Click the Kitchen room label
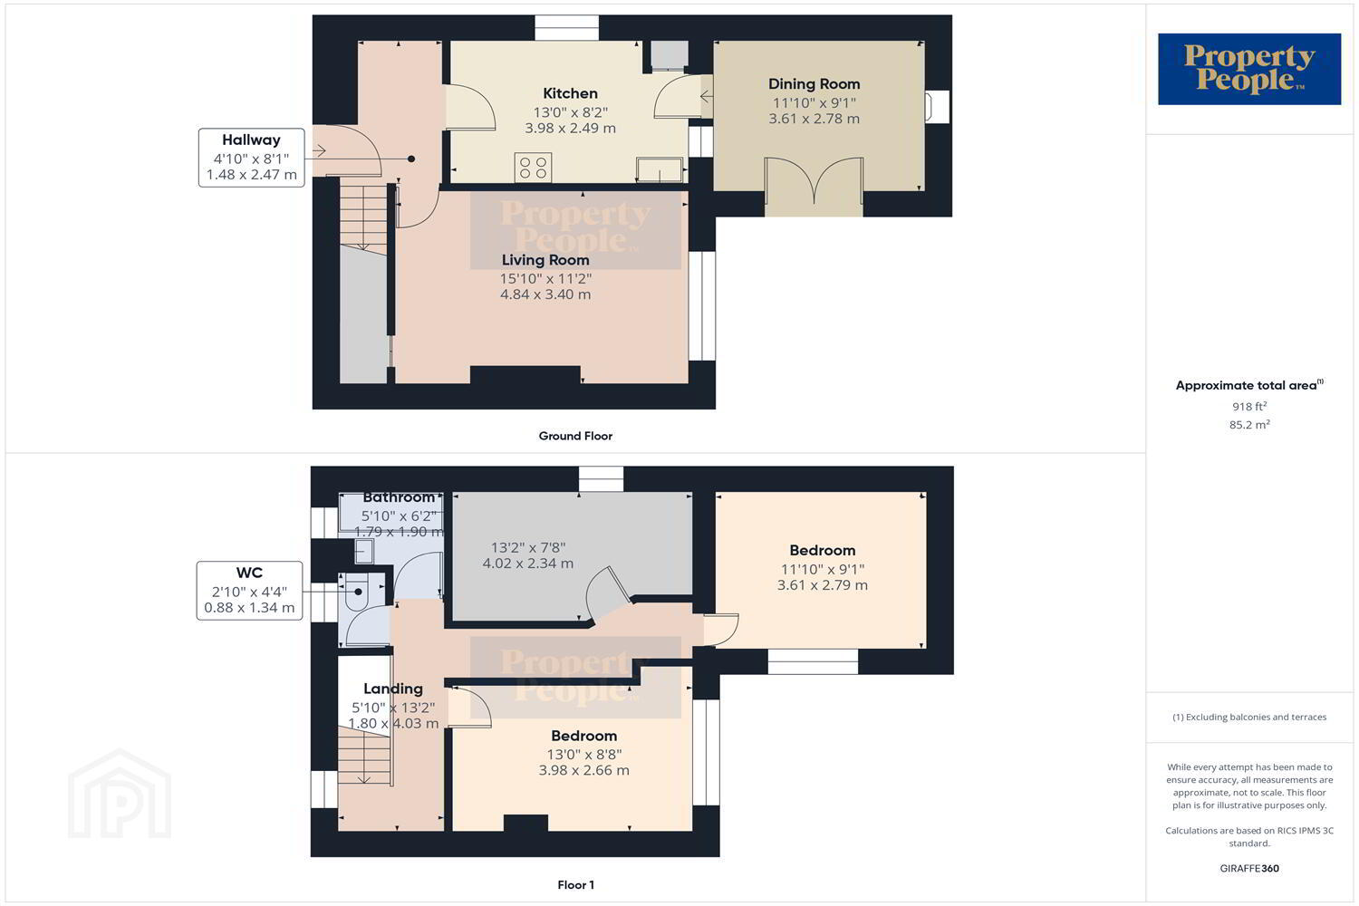pyautogui.click(x=570, y=93)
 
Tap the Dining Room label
pyautogui.click(x=814, y=83)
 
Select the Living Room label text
pyautogui.click(x=545, y=260)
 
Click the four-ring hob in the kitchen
pyautogui.click(x=534, y=167)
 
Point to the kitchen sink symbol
pyautogui.click(x=660, y=169)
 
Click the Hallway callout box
pyautogui.click(x=251, y=158)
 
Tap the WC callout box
pyautogui.click(x=249, y=591)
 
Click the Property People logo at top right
pyautogui.click(x=1249, y=69)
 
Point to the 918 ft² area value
pyautogui.click(x=1249, y=406)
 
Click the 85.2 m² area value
pyautogui.click(x=1249, y=424)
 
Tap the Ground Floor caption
pyautogui.click(x=575, y=436)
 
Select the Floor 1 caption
pyautogui.click(x=575, y=885)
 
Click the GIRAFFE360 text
pyautogui.click(x=1249, y=868)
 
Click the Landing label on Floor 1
pyautogui.click(x=393, y=689)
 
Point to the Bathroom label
pyautogui.click(x=399, y=497)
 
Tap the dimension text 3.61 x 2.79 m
pyautogui.click(x=822, y=585)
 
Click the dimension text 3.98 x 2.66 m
pyautogui.click(x=583, y=770)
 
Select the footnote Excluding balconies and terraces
pyautogui.click(x=1249, y=718)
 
